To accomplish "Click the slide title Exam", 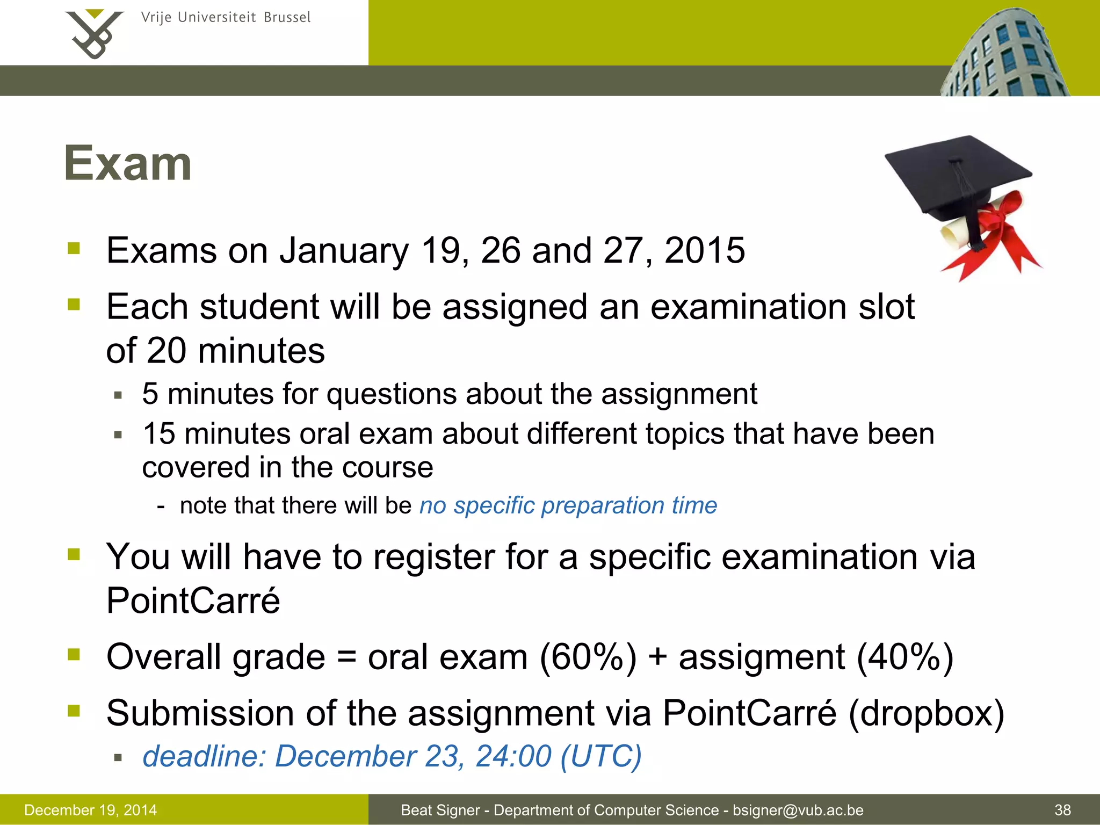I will pyautogui.click(x=128, y=163).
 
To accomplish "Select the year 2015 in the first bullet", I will pyautogui.click(x=705, y=250).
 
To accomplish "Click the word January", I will pyautogui.click(x=344, y=251).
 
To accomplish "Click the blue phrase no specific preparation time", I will pyautogui.click(x=568, y=505).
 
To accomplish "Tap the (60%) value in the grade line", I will pyautogui.click(x=588, y=657).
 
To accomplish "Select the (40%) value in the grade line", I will pyautogui.click(x=905, y=657).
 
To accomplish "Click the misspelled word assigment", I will pyautogui.click(x=762, y=657).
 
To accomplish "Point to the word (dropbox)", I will pyautogui.click(x=926, y=714).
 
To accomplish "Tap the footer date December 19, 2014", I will pyautogui.click(x=91, y=810).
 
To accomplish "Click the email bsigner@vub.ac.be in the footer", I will pyautogui.click(x=798, y=810).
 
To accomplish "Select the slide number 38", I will pyautogui.click(x=1062, y=810).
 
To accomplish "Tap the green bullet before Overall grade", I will pyautogui.click(x=74, y=654).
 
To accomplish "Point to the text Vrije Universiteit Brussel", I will pyautogui.click(x=226, y=18).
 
